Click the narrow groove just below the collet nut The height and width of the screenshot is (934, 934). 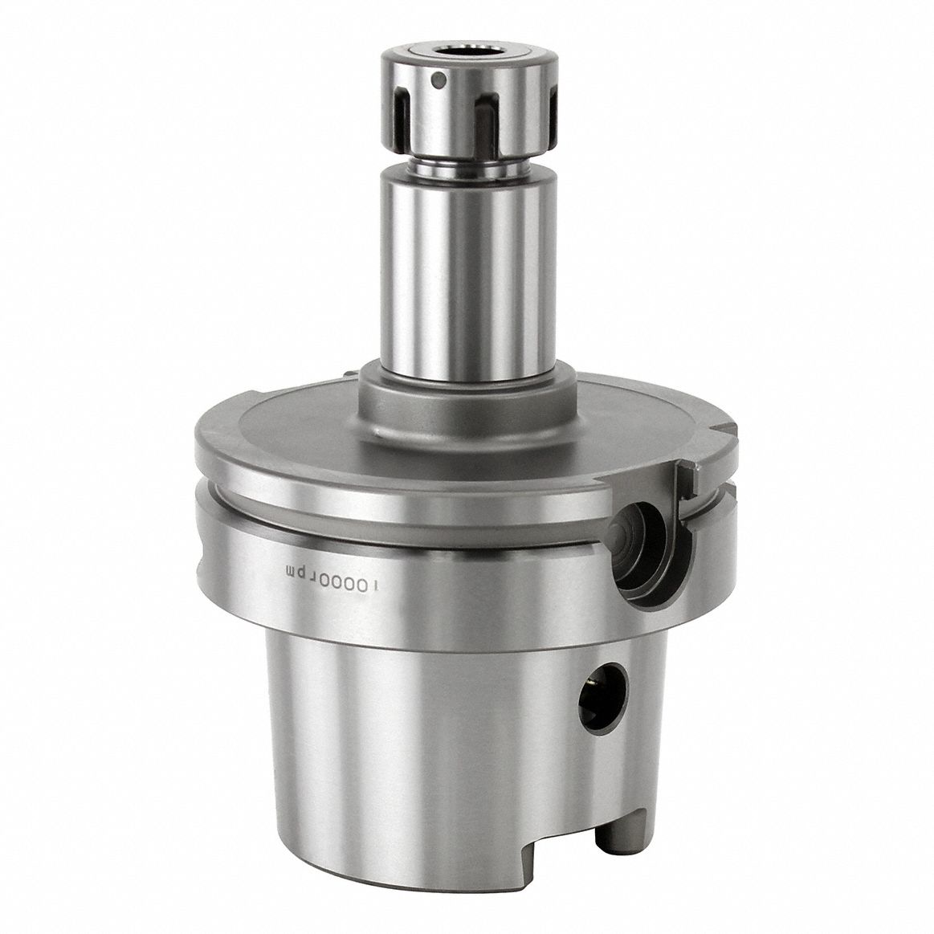[x=461, y=171]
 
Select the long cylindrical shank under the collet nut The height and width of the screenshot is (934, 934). [x=461, y=273]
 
